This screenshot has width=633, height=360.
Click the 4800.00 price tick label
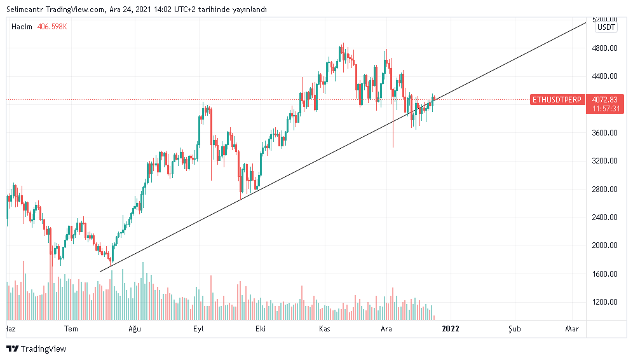(604, 48)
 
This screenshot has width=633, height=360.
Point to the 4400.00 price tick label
(604, 76)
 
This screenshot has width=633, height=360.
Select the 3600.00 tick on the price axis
(604, 133)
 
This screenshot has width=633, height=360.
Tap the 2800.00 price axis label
(604, 190)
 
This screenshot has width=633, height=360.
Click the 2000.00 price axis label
(604, 246)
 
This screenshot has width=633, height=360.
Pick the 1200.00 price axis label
(604, 302)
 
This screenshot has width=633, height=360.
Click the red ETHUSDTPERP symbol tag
(557, 100)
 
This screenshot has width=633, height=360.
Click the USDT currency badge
(606, 27)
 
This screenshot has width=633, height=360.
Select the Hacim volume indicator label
(22, 27)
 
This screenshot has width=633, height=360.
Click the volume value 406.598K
(52, 27)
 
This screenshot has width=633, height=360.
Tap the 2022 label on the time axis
(450, 329)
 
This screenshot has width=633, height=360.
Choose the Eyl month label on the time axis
(198, 329)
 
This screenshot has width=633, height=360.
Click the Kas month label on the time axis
(325, 329)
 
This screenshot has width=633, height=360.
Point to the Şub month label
(514, 329)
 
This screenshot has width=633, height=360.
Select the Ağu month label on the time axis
(134, 329)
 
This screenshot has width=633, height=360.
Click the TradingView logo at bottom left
(36, 349)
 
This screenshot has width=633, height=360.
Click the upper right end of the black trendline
(585, 24)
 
